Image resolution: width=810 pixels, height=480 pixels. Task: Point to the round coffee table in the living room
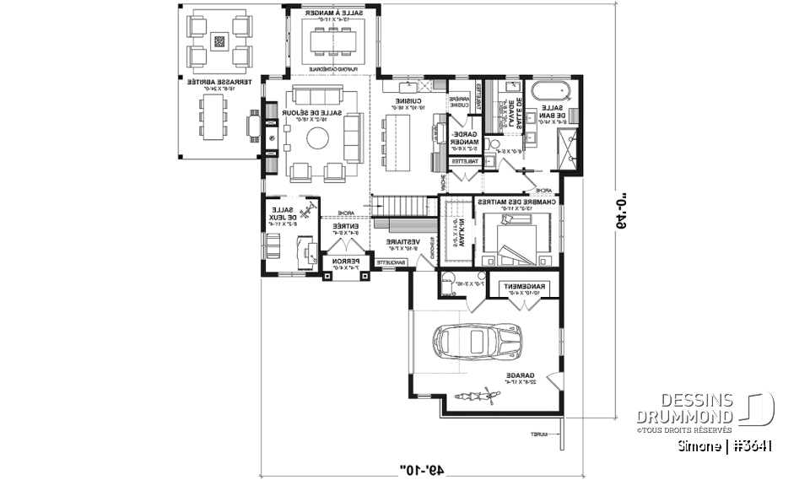[x=318, y=138]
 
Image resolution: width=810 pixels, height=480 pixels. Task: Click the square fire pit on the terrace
[x=219, y=40]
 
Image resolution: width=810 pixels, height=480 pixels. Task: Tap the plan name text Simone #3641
[x=725, y=445]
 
